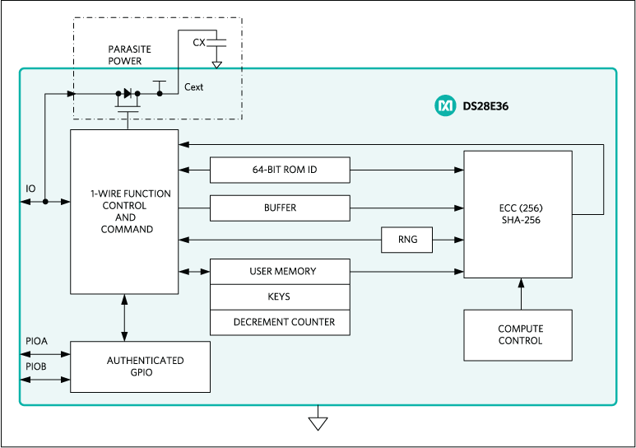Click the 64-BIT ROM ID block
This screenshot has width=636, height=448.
(x=280, y=170)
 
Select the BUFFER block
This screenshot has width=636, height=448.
(x=280, y=208)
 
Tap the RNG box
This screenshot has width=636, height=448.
(x=407, y=240)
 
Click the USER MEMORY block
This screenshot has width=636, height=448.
(x=280, y=271)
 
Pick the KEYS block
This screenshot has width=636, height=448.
(x=280, y=296)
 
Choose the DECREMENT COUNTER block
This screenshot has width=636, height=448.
(x=280, y=322)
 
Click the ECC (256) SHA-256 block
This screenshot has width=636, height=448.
(x=518, y=214)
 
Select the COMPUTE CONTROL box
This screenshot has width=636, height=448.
(x=518, y=335)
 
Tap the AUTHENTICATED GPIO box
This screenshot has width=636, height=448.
(x=140, y=366)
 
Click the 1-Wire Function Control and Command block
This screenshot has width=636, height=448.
(x=124, y=212)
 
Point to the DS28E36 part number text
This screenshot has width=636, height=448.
(x=485, y=106)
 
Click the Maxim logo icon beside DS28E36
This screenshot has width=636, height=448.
(x=445, y=106)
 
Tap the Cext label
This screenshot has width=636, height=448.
(x=194, y=86)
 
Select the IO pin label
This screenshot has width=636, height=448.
(x=30, y=189)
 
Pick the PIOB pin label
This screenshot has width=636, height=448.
(x=35, y=366)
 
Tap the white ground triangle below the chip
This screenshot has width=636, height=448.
(x=318, y=423)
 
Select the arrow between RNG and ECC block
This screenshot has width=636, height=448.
(x=448, y=240)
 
